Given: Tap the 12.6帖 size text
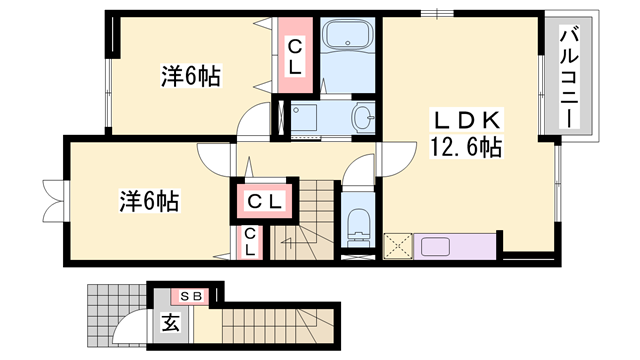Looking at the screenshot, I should [465, 147].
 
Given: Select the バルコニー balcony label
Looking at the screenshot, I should [567, 75].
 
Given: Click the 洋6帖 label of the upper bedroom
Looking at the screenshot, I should [190, 75].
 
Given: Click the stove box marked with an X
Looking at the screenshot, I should [398, 246].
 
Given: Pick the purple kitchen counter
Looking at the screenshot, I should [455, 246].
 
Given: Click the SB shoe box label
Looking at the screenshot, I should [191, 296].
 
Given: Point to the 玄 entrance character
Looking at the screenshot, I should [170, 323].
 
